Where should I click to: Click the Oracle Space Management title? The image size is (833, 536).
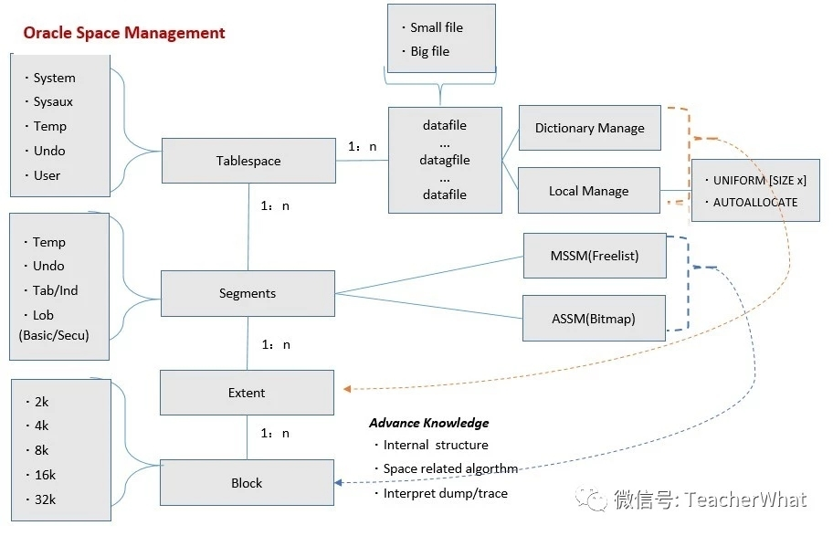click(x=124, y=33)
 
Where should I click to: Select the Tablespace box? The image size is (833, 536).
click(x=248, y=161)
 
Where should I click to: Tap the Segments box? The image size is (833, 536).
click(x=247, y=293)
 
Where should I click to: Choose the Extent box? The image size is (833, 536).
click(x=247, y=393)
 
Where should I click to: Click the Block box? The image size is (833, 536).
click(x=247, y=483)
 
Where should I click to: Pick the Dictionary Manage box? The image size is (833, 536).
click(x=589, y=129)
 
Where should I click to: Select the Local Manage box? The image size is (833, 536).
click(x=588, y=191)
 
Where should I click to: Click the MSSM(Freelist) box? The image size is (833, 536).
click(x=594, y=256)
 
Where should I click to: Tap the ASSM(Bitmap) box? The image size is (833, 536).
click(x=594, y=319)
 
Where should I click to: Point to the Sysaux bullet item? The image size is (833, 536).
click(x=53, y=102)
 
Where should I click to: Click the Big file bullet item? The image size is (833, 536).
click(x=429, y=51)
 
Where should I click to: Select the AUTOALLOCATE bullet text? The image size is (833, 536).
click(x=754, y=203)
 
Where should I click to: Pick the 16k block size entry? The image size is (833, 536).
click(x=45, y=475)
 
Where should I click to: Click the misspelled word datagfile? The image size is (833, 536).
click(x=446, y=160)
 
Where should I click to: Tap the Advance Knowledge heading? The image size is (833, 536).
click(x=428, y=423)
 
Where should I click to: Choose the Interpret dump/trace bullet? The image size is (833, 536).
click(x=445, y=493)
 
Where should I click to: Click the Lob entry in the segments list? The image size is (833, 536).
click(x=44, y=315)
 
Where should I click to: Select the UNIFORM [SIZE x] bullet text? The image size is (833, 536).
click(x=759, y=181)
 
